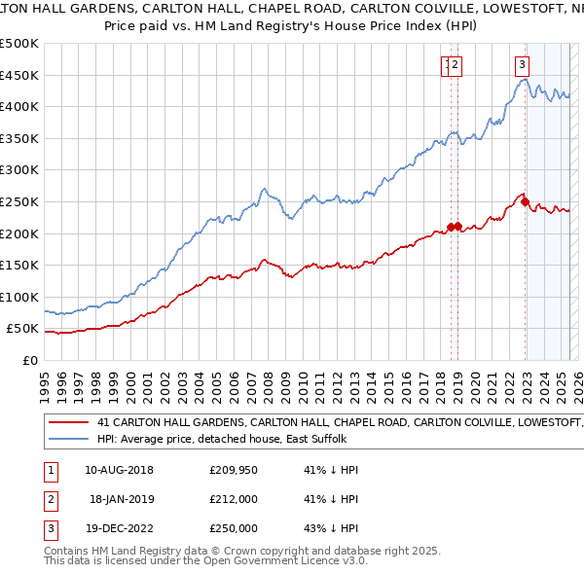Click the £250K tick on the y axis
click(19, 201)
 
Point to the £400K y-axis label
click(19, 106)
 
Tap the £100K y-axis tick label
click(19, 297)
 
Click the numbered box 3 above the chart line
click(522, 65)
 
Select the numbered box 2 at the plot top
click(456, 65)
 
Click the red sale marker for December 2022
click(526, 202)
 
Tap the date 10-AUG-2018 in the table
click(119, 470)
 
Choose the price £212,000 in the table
click(233, 500)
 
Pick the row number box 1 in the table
click(50, 470)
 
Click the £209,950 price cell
click(233, 470)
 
